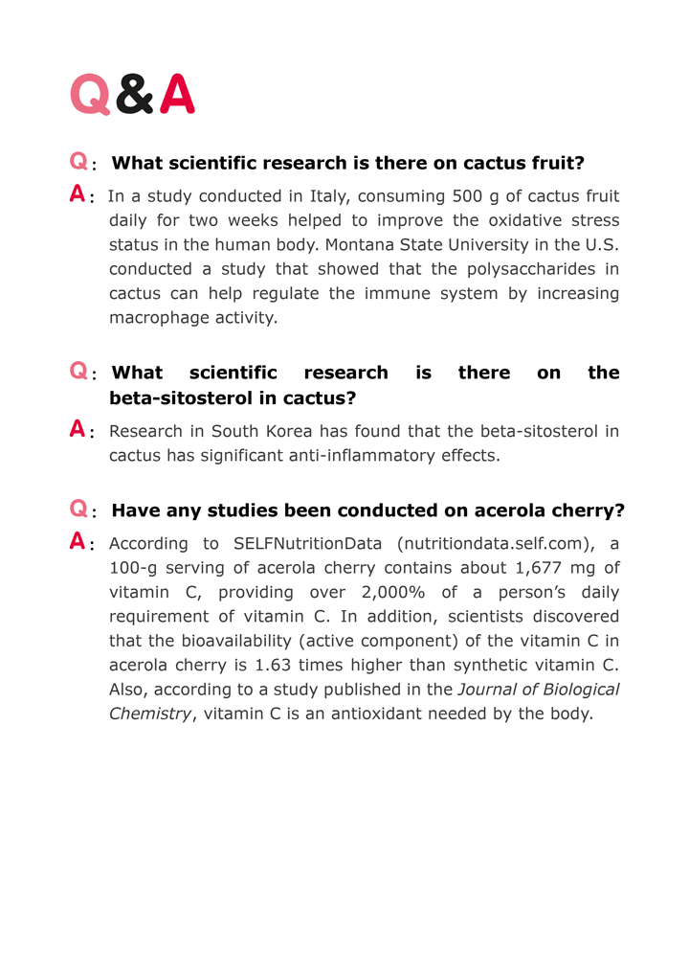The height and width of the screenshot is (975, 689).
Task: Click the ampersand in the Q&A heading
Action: [135, 95]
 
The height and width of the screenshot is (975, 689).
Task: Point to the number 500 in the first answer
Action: [468, 196]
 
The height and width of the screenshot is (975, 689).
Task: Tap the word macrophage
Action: [152, 317]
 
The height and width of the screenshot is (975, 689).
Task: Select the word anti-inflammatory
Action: [360, 455]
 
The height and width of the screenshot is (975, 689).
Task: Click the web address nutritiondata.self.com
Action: [495, 544]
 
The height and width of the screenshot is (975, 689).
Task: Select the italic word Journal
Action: [488, 689]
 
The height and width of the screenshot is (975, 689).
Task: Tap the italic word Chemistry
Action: [150, 713]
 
